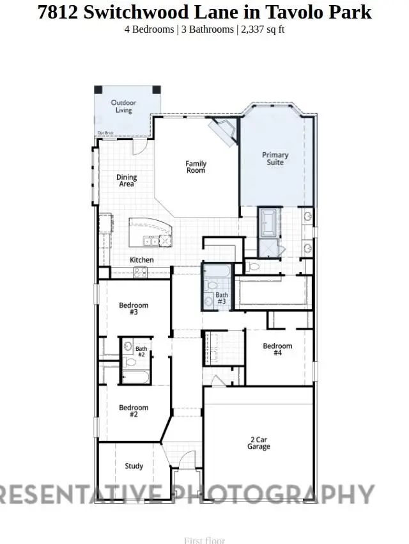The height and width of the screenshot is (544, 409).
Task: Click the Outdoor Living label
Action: (x=123, y=106)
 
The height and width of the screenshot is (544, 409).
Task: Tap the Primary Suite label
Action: (x=275, y=158)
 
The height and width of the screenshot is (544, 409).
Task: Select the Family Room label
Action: (x=196, y=167)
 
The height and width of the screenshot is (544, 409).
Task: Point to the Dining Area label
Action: (x=127, y=180)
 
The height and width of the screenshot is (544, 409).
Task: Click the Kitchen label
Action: (x=142, y=260)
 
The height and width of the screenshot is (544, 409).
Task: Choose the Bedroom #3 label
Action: (x=134, y=308)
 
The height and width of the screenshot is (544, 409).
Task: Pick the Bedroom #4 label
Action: (x=277, y=349)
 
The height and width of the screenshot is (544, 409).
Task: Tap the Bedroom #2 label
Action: (x=134, y=411)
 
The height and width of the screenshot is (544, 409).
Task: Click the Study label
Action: (x=134, y=466)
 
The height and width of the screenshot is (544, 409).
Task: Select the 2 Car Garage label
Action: (x=259, y=443)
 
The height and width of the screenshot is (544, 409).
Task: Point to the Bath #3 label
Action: (x=221, y=298)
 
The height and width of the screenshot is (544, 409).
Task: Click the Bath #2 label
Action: (x=141, y=351)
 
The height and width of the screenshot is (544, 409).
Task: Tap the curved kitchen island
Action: (x=151, y=232)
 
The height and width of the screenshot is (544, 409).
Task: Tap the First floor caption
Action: (x=204, y=540)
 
